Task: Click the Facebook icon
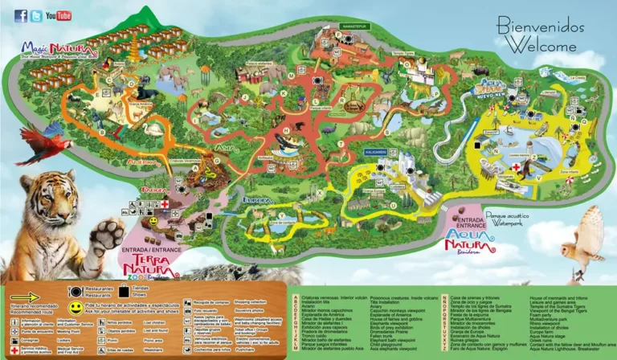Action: pos(21,15)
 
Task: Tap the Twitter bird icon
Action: pos(36,15)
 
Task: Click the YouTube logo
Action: pos(59,15)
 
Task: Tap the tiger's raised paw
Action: pos(105,236)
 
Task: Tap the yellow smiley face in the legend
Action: pos(75,307)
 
